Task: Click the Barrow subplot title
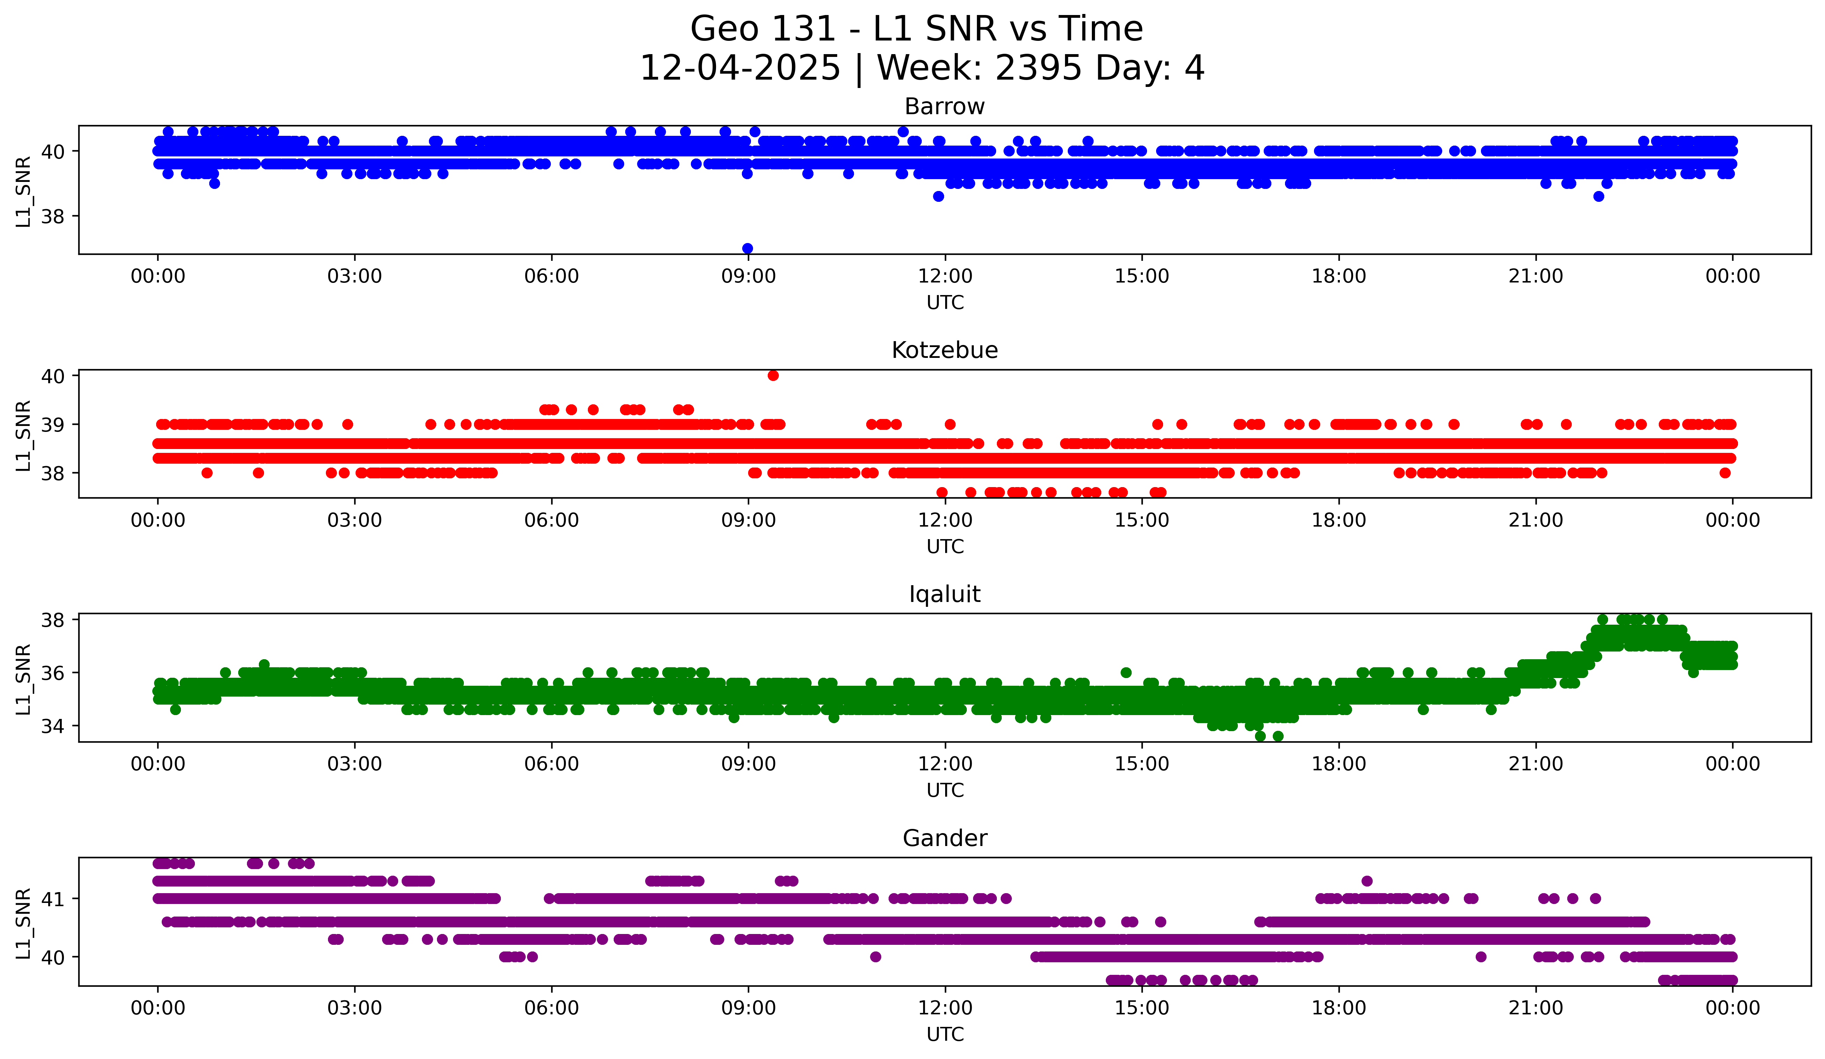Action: (x=944, y=106)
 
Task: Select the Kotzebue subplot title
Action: (x=944, y=350)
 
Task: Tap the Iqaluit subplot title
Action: (x=944, y=594)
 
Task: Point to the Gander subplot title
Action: (x=944, y=838)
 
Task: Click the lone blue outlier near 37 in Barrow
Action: (x=747, y=248)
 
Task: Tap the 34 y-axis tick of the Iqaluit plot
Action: (x=52, y=726)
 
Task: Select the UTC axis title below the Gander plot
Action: (x=944, y=1035)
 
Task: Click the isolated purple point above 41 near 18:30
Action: (x=1367, y=881)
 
